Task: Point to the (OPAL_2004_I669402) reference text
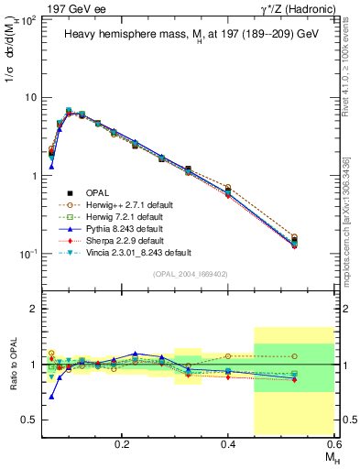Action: coord(191,273)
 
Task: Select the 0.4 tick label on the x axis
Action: coord(228,442)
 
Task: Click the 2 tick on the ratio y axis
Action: coord(35,310)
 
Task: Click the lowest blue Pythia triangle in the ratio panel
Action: coord(52,397)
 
